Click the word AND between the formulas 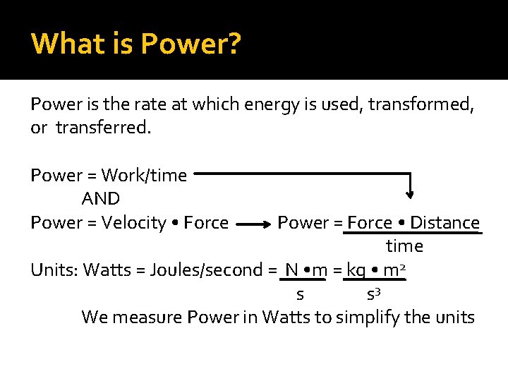pos(101,199)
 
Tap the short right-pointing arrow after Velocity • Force pos(253,224)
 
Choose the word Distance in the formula pos(445,223)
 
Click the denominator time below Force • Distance pos(404,246)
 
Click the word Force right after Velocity pos(205,223)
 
